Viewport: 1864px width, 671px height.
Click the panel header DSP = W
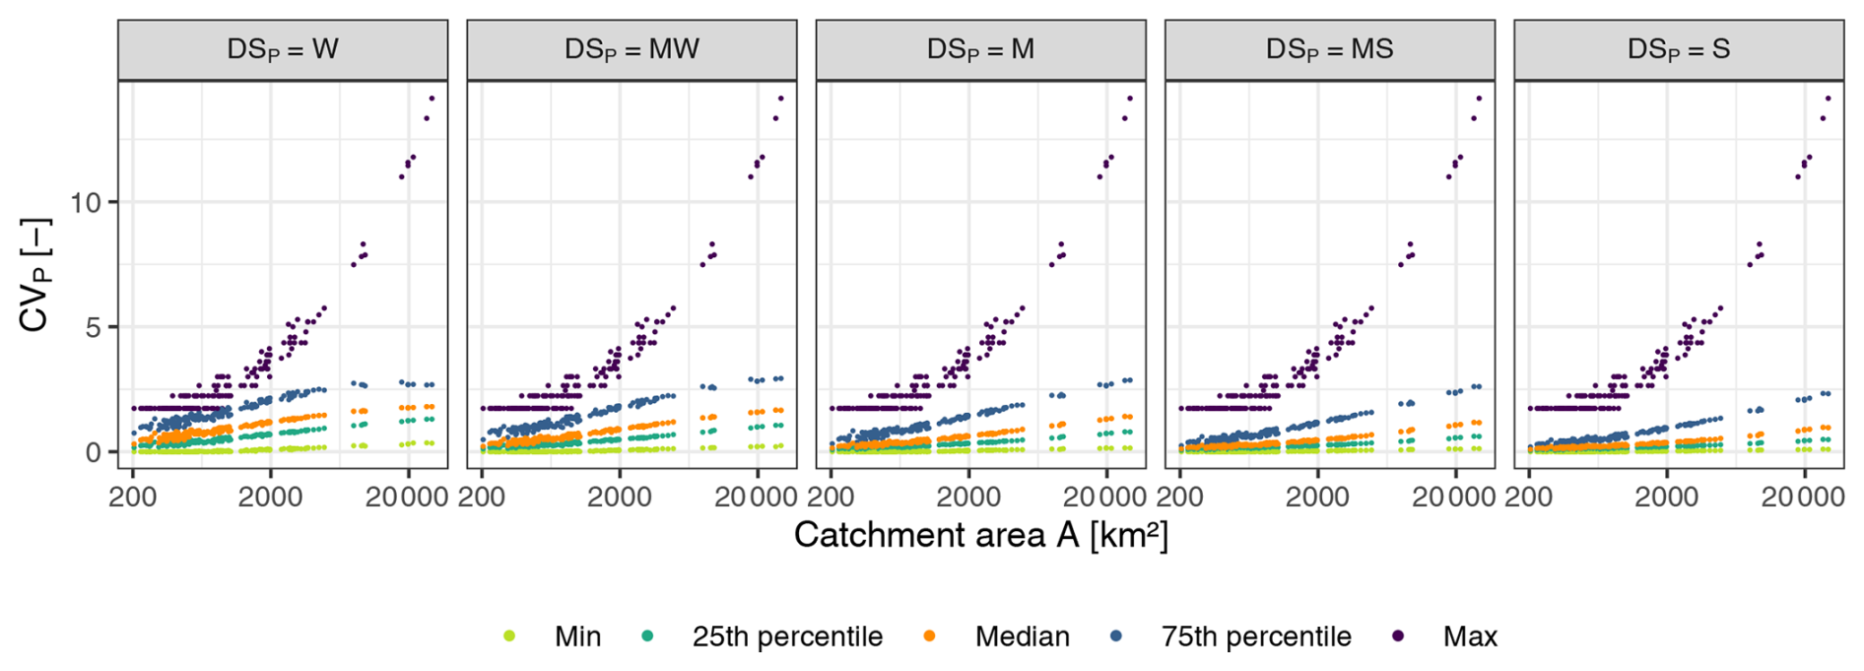[283, 49]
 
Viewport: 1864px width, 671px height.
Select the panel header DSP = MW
[632, 49]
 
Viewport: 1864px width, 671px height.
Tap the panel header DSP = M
[980, 49]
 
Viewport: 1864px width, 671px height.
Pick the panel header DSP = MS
[1329, 49]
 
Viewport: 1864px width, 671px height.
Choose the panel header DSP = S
[1678, 49]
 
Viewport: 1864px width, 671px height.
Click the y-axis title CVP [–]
[35, 275]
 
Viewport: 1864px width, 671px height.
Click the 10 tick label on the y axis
[87, 203]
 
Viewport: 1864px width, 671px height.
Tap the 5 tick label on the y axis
[95, 327]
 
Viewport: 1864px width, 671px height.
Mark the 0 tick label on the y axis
[95, 452]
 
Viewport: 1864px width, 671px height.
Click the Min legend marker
[509, 637]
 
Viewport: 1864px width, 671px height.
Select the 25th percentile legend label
[786, 637]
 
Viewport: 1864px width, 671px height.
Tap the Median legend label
[1022, 637]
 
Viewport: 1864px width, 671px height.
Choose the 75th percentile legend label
[1255, 637]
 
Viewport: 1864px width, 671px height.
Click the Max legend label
[1470, 637]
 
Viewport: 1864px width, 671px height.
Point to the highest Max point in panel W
[432, 99]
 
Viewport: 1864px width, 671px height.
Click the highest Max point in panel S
[1829, 99]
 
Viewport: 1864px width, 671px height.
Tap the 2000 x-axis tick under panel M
[969, 496]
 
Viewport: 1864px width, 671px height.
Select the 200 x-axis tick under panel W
[133, 496]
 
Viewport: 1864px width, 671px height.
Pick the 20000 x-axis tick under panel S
[1802, 496]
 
